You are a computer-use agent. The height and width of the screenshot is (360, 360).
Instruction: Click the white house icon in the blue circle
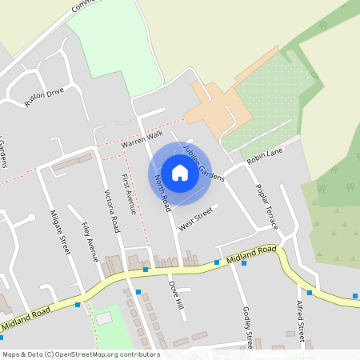tap(179, 172)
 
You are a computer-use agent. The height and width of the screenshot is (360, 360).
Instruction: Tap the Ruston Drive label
tap(43, 98)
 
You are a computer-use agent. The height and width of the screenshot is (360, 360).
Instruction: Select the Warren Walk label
tap(142, 140)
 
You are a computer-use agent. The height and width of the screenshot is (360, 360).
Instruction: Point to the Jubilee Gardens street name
tap(203, 162)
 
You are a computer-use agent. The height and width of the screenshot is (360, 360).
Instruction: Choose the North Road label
tap(163, 193)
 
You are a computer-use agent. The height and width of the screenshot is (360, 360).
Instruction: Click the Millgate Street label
tap(59, 232)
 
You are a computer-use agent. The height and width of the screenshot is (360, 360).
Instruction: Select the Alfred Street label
tap(301, 320)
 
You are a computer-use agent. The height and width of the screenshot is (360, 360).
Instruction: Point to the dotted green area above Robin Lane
tap(268, 100)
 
